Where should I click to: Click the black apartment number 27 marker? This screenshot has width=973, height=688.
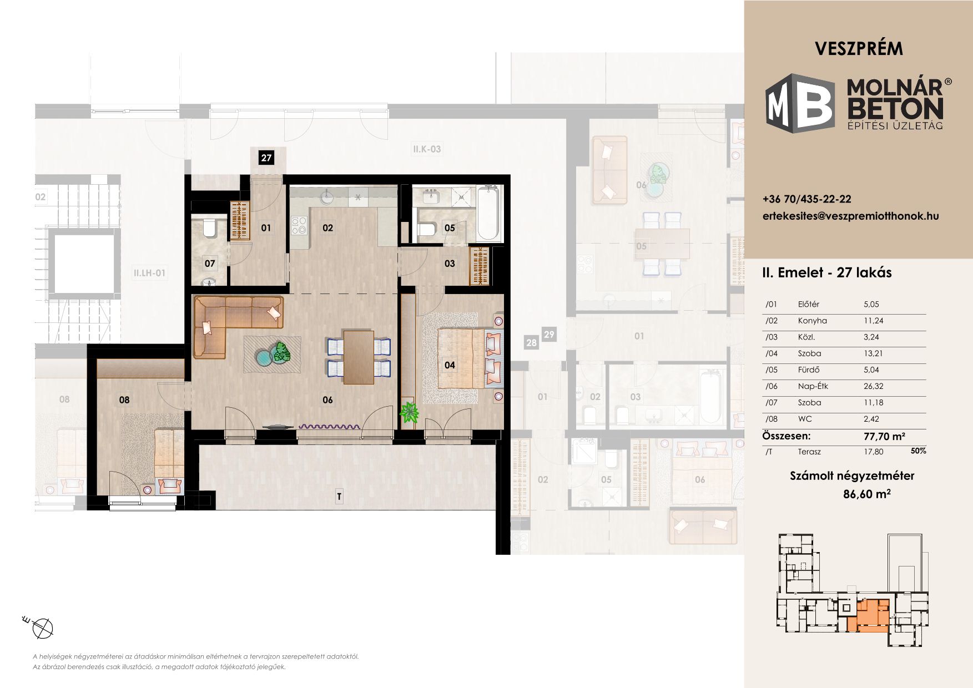[x=266, y=158]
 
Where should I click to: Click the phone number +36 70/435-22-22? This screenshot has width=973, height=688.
[x=807, y=199]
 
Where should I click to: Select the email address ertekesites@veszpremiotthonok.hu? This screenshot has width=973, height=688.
[x=851, y=216]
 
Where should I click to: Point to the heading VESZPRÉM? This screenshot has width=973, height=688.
[x=859, y=49]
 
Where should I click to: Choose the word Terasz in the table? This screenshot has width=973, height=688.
[x=809, y=452]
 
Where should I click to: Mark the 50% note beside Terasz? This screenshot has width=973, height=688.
[x=918, y=451]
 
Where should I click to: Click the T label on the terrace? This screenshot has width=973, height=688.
[x=339, y=497]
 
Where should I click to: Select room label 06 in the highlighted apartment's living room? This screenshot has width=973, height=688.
[x=327, y=399]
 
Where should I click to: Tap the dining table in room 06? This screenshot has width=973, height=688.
[x=359, y=357]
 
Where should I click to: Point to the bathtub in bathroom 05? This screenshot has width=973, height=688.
[x=490, y=212]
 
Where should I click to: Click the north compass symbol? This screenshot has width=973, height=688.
[x=42, y=628]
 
